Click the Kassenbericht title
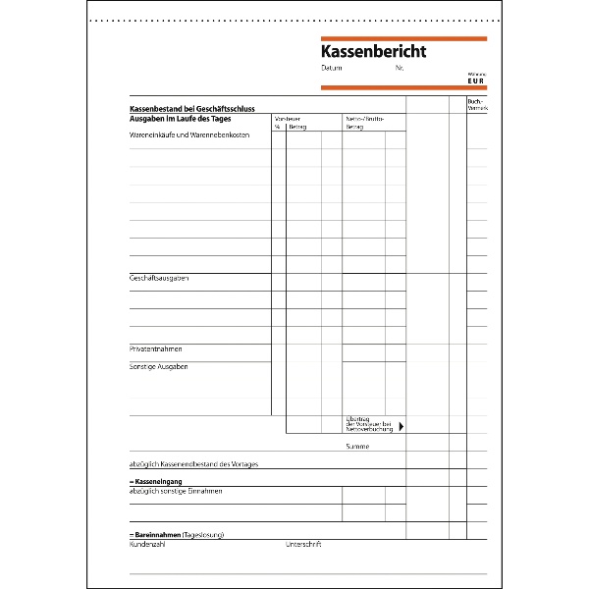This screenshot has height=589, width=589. point(373,51)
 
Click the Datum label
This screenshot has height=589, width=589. point(331,69)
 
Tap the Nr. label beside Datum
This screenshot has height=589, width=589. point(400,69)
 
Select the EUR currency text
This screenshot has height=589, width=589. point(476,81)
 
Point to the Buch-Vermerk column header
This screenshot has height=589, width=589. point(476,104)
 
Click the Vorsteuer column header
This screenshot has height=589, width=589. point(288,119)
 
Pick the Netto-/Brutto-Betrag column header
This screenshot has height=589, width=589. point(364,123)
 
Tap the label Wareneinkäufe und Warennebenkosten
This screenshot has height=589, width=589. point(187,135)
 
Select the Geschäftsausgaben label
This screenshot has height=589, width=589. point(159,279)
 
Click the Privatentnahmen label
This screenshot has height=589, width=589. point(156,349)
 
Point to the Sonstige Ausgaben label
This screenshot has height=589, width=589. point(159,367)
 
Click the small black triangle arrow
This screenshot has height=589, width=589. point(401,426)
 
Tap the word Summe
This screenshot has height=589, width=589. point(357,446)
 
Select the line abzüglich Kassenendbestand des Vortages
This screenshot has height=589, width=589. point(193,463)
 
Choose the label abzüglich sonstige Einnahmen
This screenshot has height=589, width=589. point(176,491)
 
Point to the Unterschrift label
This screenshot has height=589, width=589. point(303,544)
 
